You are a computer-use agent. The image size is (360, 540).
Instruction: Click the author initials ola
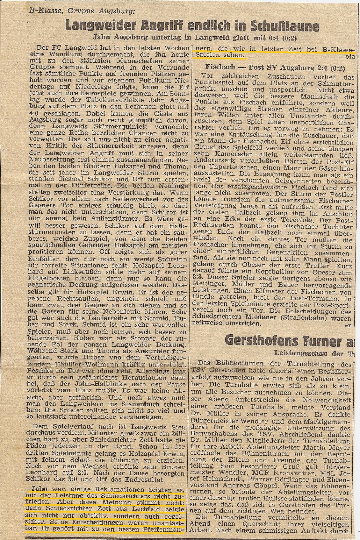tap(348, 57)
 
